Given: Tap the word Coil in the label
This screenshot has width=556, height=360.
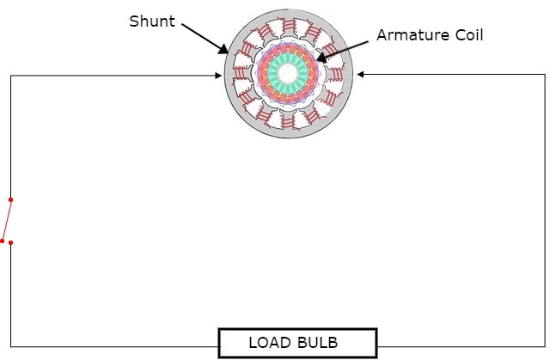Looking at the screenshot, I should [465, 36].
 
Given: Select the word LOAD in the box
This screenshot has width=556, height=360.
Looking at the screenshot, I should [271, 343].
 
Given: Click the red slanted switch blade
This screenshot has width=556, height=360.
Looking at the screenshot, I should [6, 220].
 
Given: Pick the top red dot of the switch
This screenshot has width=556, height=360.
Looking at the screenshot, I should [10, 199].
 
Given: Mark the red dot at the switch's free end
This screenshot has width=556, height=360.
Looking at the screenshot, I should [3, 241].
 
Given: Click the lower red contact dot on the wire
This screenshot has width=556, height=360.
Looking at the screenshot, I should [10, 242].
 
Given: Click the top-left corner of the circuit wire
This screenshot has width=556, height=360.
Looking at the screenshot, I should [10, 76].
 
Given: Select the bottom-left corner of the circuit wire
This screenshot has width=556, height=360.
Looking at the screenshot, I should [10, 346].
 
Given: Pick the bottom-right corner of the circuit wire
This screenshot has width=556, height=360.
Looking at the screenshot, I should [545, 346].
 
